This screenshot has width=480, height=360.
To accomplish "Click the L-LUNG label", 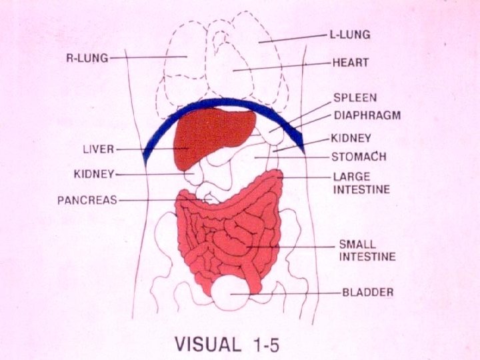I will coord(350,34).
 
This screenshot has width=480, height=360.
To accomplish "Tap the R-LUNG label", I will coord(86,58).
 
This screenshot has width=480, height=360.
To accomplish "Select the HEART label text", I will coord(350,63).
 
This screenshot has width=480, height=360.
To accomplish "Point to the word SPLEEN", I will coord(355,97).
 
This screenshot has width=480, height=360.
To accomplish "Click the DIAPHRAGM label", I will coord(367,115).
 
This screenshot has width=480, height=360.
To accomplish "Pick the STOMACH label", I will coord(359,157).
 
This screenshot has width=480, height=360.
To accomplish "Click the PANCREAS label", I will coord(87,199).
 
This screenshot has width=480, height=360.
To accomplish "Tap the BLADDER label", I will coord(367,292).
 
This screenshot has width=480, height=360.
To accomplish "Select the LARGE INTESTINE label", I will coord(361,183).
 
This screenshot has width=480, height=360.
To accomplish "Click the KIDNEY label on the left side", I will coord(94,174).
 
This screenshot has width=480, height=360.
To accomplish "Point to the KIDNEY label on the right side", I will coord(351,139).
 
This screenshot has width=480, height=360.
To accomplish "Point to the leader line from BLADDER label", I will coord(293,293).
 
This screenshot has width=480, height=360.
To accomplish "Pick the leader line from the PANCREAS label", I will coord(157,199).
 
